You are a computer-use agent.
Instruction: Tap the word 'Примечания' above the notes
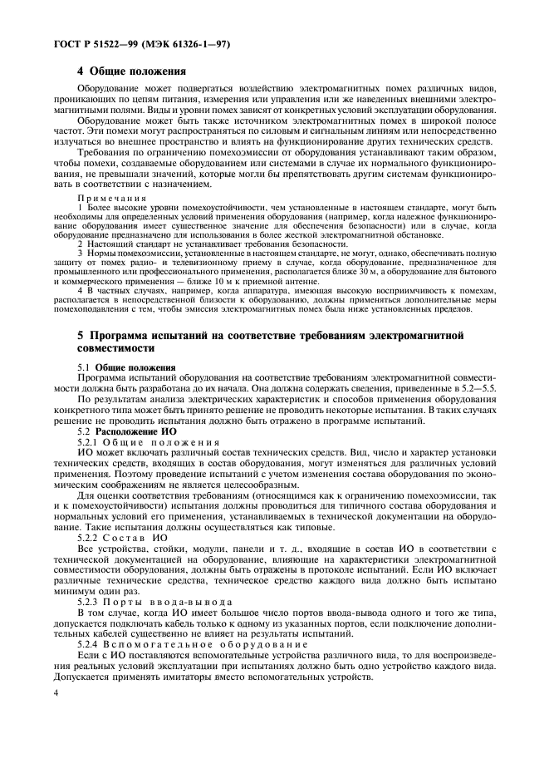(104, 199)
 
